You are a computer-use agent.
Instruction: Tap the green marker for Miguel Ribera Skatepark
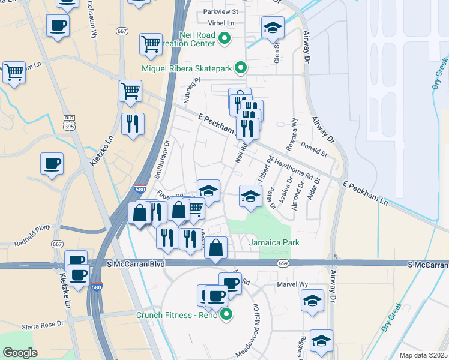click(241, 68)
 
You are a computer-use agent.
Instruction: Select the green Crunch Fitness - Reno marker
click(226, 314)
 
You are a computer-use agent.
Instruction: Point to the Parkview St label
click(220, 11)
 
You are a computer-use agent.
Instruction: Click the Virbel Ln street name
click(222, 23)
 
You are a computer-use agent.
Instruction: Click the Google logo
click(20, 353)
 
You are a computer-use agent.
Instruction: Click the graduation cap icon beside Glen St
click(272, 27)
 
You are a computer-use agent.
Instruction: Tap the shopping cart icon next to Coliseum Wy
click(150, 43)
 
